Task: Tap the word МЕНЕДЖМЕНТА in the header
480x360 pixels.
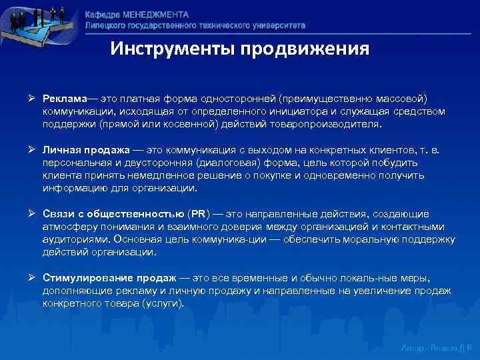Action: point(156,15)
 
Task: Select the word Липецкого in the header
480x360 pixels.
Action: point(107,25)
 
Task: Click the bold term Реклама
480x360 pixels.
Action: point(63,99)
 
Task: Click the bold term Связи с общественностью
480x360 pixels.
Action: point(114,213)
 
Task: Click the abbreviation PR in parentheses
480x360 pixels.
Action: point(199,213)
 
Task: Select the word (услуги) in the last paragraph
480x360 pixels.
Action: point(161,303)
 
